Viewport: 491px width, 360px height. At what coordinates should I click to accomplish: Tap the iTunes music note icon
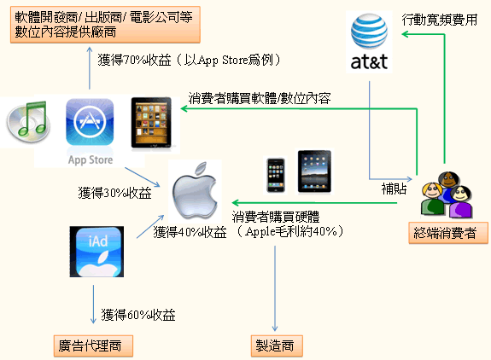(28, 121)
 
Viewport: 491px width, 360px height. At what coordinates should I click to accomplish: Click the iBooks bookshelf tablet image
(151, 123)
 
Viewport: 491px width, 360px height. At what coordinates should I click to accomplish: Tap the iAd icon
(96, 252)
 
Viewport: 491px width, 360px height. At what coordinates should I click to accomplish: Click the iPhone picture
(276, 175)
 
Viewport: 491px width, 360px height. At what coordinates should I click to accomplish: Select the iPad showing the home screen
(314, 171)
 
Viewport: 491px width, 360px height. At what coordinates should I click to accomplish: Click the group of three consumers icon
(447, 195)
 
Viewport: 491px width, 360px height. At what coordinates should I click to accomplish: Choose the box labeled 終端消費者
(448, 233)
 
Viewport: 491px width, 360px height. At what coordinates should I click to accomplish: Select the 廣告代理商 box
(93, 346)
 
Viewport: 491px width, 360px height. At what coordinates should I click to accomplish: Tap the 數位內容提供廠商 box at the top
(105, 25)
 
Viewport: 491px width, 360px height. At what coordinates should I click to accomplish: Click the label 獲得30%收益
(115, 193)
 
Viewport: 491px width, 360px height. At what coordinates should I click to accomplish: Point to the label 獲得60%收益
(138, 315)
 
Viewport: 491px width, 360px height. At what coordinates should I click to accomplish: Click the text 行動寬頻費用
(440, 20)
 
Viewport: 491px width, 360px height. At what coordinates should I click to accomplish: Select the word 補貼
(394, 189)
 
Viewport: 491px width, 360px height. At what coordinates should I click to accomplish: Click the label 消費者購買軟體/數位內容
(260, 98)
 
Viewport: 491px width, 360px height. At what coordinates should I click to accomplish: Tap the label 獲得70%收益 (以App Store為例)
(189, 60)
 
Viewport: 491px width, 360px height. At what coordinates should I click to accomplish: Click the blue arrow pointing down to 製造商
(275, 288)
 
